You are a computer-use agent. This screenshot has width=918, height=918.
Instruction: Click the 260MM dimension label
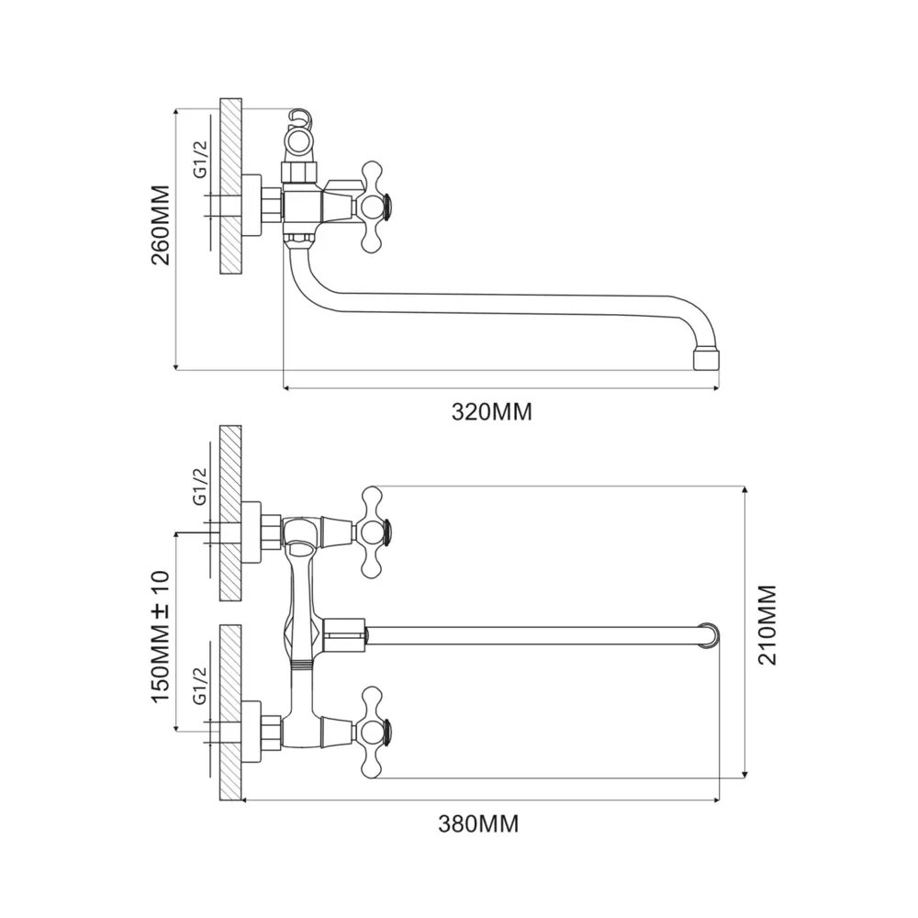[161, 226]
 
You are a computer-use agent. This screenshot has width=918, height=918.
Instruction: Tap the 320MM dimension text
[492, 412]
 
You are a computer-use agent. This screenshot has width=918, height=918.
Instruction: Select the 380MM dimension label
[478, 823]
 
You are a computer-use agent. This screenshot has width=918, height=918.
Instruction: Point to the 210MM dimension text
[767, 624]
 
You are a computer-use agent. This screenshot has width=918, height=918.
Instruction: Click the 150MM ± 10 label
[161, 637]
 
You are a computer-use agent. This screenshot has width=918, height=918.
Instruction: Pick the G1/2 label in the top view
[200, 159]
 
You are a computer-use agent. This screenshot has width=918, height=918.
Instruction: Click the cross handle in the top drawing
[373, 207]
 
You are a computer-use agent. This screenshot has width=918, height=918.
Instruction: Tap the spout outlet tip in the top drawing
[706, 360]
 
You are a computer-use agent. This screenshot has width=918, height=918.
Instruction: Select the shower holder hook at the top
[300, 118]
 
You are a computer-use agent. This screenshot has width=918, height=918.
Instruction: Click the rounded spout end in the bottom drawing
[711, 636]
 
